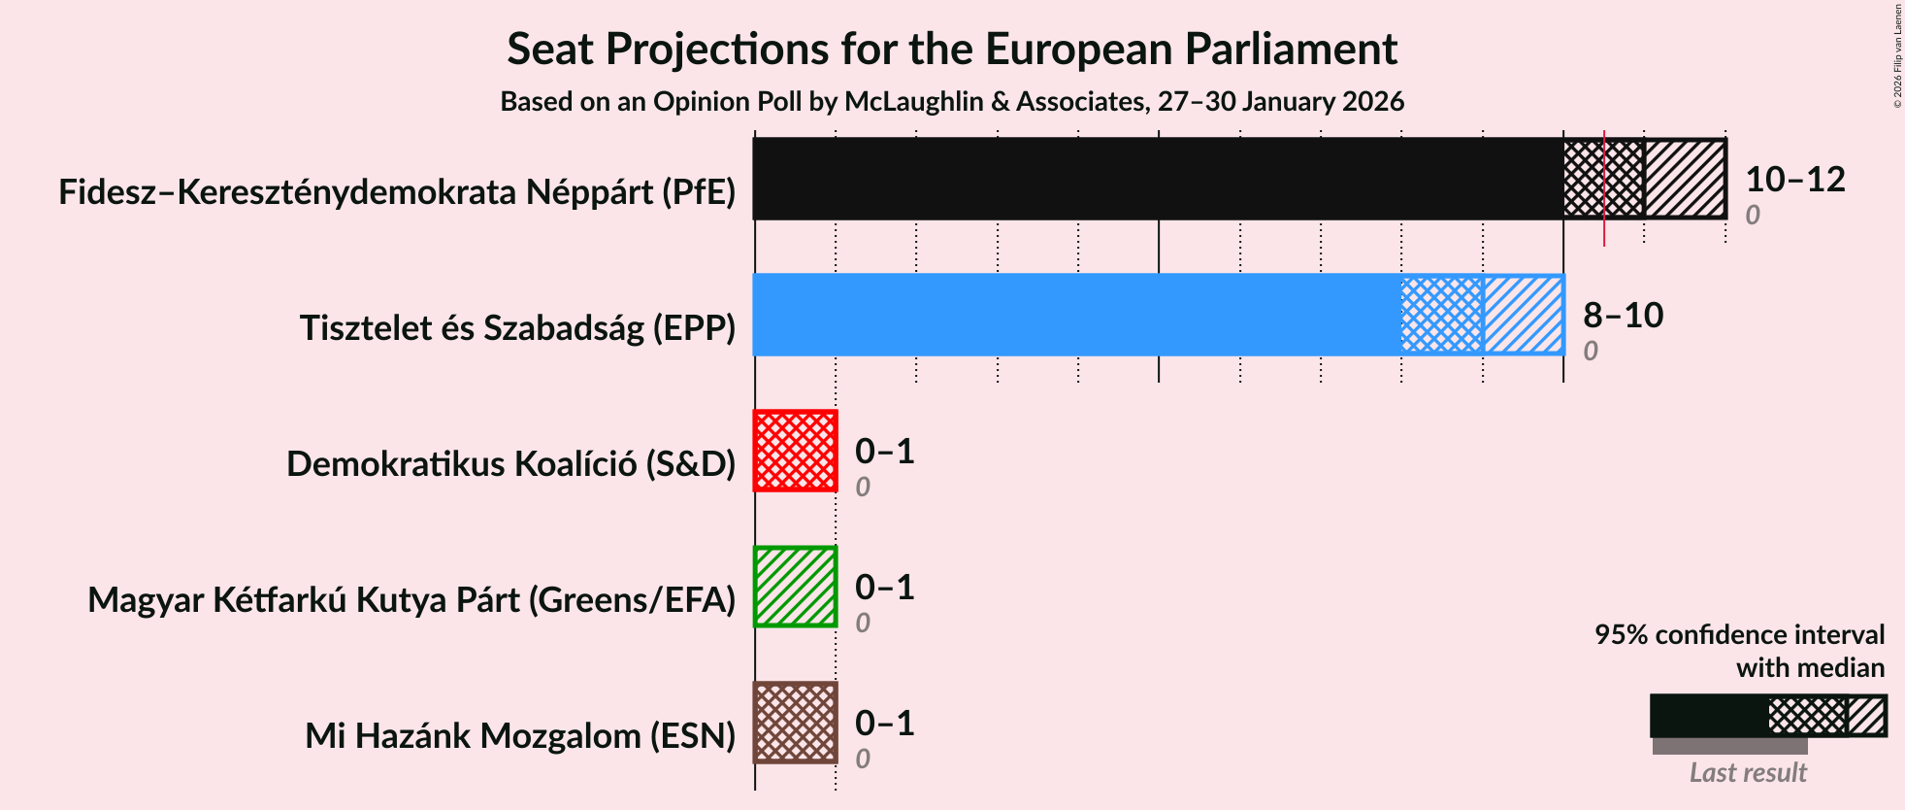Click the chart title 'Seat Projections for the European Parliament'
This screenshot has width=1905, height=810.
click(951, 50)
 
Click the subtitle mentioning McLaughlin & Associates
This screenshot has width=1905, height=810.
click(951, 102)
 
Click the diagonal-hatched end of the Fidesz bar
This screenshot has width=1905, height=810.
click(1685, 179)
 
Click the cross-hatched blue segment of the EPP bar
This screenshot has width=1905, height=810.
click(1442, 315)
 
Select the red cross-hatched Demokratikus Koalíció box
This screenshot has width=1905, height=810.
click(795, 451)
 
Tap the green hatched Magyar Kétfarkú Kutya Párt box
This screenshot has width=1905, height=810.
click(795, 587)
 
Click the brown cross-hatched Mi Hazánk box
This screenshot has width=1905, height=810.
click(795, 723)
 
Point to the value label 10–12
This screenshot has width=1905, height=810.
click(1794, 180)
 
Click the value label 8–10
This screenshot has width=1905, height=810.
click(1623, 316)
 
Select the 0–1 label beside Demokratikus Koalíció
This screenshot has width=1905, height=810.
click(884, 452)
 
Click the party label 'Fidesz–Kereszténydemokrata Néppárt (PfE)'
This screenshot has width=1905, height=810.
click(397, 192)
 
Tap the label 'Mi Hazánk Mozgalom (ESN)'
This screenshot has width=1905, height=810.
click(520, 736)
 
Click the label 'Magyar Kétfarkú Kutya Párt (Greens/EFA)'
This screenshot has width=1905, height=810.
click(411, 600)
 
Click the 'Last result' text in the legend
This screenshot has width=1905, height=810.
click(1748, 773)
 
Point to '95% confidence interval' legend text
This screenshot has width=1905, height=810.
click(1739, 635)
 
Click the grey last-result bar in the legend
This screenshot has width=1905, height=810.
click(1729, 746)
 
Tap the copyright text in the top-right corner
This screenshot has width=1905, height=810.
click(1898, 54)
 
